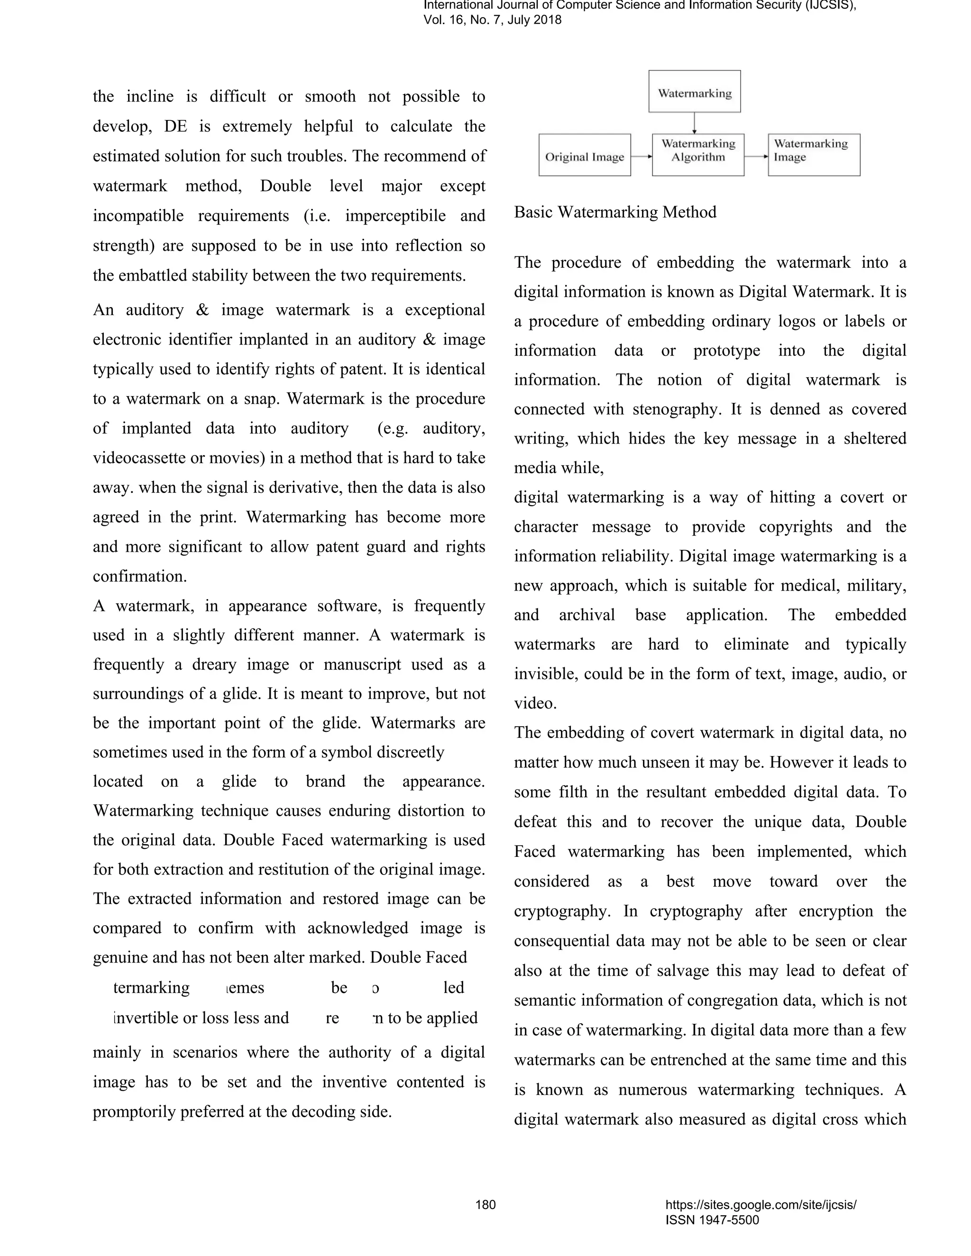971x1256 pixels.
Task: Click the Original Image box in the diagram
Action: point(585,155)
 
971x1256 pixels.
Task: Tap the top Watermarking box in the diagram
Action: point(694,91)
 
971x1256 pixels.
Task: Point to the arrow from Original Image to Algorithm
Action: point(641,156)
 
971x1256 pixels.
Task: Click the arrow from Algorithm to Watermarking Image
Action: point(756,156)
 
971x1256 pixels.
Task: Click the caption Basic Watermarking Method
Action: point(615,212)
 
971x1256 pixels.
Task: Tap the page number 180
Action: point(485,1204)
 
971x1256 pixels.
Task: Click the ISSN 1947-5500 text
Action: point(712,1220)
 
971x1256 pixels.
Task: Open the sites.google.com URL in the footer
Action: point(760,1205)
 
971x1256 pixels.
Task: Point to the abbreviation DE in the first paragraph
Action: point(175,127)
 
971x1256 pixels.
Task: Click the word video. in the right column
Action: point(535,703)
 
